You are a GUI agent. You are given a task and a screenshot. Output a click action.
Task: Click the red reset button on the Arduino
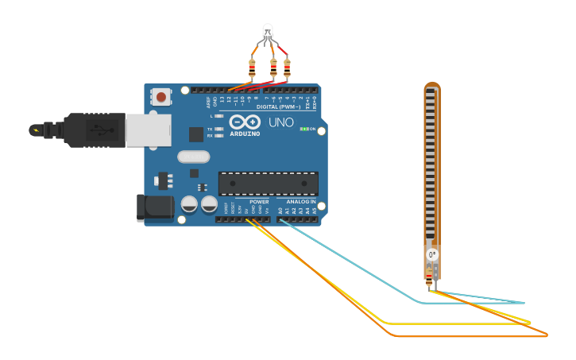[161, 97]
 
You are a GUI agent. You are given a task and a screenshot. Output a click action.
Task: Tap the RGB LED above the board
[268, 33]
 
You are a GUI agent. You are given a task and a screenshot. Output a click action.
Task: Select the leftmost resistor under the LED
[253, 69]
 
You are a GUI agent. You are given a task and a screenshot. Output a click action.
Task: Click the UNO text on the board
[281, 122]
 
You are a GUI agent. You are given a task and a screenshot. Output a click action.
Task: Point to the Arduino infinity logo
[245, 122]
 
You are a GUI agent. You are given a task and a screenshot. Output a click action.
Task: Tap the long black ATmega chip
[269, 184]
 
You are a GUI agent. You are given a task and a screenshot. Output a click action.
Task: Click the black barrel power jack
[155, 207]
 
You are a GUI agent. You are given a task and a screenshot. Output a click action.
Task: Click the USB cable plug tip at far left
[35, 129]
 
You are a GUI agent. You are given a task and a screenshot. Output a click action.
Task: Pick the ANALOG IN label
[301, 202]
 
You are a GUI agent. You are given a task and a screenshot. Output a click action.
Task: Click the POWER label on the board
[259, 202]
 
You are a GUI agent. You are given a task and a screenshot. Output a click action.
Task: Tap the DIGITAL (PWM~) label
[278, 106]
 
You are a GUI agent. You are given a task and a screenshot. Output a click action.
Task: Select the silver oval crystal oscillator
[193, 157]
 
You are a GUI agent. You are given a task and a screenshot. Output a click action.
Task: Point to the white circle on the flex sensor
[431, 254]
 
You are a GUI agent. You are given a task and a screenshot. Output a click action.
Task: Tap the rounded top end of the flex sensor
[431, 85]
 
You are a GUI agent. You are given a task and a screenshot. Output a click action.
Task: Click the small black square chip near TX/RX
[195, 134]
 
